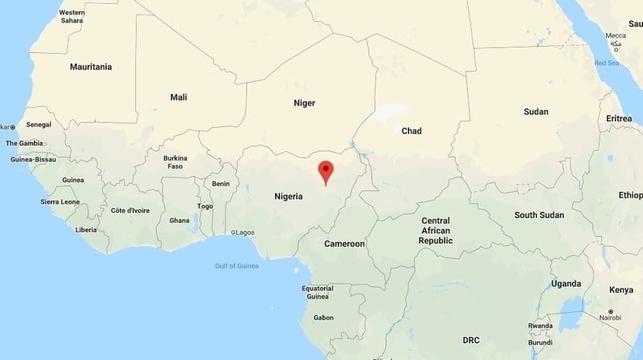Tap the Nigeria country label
[x=288, y=196]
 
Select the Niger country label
[x=304, y=103]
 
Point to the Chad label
[x=412, y=131]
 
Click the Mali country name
[x=178, y=97]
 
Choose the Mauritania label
[x=91, y=66]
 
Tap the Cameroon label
[x=344, y=243]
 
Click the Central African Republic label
[x=436, y=231]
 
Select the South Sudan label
[x=539, y=215]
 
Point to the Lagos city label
[x=244, y=233]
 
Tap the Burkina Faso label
[x=175, y=162]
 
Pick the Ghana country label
[x=179, y=220]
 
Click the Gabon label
[x=323, y=317]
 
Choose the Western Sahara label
[x=72, y=17]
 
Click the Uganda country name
[x=566, y=284]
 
